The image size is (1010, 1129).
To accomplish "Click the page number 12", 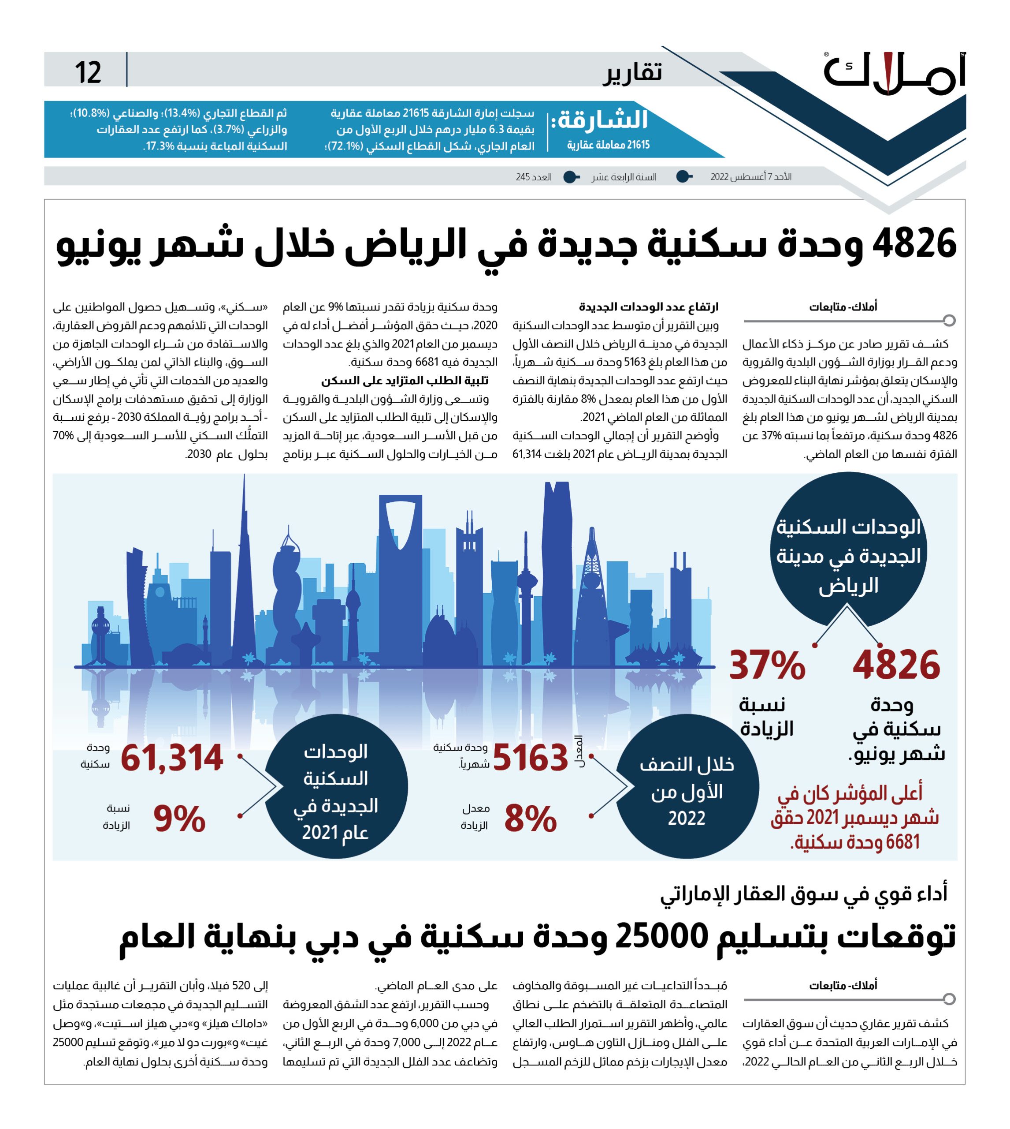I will (x=88, y=72).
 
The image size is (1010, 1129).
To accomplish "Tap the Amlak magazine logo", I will (x=895, y=73).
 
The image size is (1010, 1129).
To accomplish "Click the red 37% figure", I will (x=767, y=665).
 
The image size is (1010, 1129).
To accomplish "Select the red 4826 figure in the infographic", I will (x=896, y=665).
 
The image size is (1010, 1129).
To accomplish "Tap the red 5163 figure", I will (x=531, y=758).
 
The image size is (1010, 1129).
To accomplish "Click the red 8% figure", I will (x=531, y=819).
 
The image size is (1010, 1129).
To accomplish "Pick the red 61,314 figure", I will (x=172, y=758).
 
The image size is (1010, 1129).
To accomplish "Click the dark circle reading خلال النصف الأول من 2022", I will (x=687, y=786).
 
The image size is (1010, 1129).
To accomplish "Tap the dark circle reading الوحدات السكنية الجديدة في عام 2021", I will (x=336, y=786).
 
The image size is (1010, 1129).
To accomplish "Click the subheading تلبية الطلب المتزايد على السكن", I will (x=405, y=381).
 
